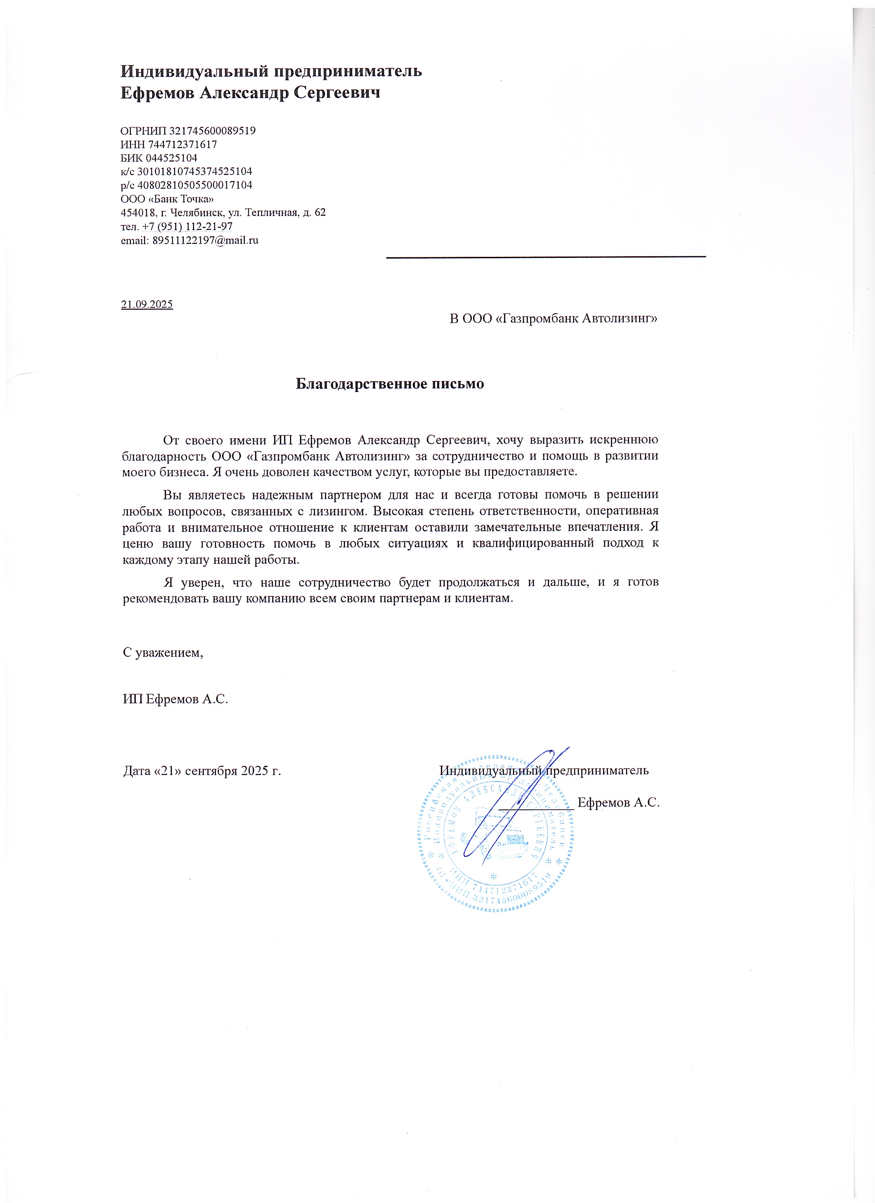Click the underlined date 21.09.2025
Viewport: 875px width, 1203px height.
tap(147, 305)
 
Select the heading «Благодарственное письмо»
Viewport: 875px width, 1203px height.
tap(390, 383)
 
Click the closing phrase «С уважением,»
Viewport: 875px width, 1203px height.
tap(163, 652)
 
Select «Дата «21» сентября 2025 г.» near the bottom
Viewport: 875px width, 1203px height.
tap(202, 771)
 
